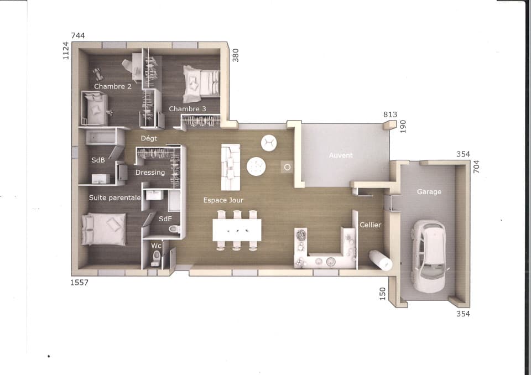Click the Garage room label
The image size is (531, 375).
tap(429, 192)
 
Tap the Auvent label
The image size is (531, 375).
tap(341, 155)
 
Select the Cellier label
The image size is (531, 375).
tap(371, 225)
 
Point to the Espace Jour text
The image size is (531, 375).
tap(223, 200)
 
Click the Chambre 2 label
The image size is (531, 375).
tap(113, 86)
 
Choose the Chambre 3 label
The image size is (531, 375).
tap(188, 109)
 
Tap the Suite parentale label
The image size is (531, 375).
tap(115, 197)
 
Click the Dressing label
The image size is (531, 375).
tap(150, 173)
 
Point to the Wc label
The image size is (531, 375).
tap(156, 246)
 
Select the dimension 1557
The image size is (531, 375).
tap(79, 283)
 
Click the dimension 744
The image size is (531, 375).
tap(78, 35)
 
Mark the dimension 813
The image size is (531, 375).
tap(390, 114)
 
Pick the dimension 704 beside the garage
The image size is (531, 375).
tap(476, 166)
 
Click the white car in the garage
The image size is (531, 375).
tap(428, 257)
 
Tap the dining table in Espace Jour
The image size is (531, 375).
tap(237, 230)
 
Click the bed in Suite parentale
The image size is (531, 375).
tap(103, 229)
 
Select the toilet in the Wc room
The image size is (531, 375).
tap(157, 258)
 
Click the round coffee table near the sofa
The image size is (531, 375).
tap(256, 166)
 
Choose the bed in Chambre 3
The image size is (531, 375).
tap(201, 84)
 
